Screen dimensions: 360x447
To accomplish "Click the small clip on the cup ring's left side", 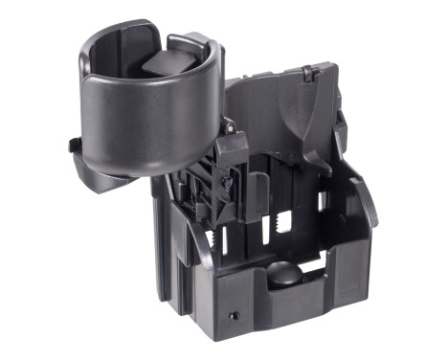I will [73, 146].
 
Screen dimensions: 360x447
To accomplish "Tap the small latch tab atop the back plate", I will [308, 73].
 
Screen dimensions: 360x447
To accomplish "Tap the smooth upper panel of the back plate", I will [278, 105].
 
